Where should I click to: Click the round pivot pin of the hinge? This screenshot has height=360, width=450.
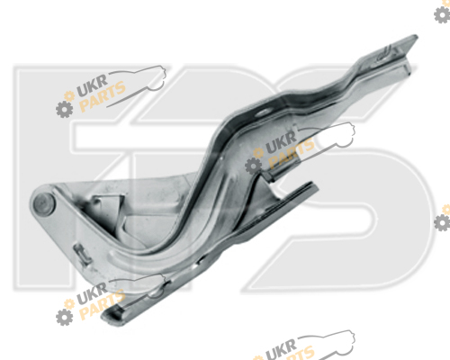pyautogui.click(x=44, y=202)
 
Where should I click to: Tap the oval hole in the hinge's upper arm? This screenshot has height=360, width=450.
pyautogui.click(x=262, y=112)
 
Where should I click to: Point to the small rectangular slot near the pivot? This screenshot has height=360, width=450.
pyautogui.click(x=82, y=254)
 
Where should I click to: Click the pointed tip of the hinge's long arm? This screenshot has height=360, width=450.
pyautogui.click(x=416, y=37)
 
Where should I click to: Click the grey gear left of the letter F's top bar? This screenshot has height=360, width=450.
pyautogui.click(x=64, y=109)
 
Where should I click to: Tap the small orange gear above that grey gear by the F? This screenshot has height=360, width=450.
pyautogui.click(x=69, y=96)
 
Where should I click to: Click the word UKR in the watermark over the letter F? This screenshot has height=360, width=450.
pyautogui.click(x=92, y=85)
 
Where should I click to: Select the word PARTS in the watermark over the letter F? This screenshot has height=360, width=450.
pyautogui.click(x=103, y=96)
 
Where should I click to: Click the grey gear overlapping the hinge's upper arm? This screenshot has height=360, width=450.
pyautogui.click(x=253, y=166)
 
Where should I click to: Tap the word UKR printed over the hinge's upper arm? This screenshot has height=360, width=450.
pyautogui.click(x=281, y=142)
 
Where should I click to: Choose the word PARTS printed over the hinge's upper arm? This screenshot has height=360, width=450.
pyautogui.click(x=292, y=153)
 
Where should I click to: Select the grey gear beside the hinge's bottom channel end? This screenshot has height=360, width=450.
pyautogui.click(x=64, y=318)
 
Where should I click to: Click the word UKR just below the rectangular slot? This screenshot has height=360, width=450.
pyautogui.click(x=92, y=293)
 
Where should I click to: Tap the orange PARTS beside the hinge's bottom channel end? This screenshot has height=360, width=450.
pyautogui.click(x=103, y=304)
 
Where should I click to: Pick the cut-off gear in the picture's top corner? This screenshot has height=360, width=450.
pyautogui.click(x=442, y=14)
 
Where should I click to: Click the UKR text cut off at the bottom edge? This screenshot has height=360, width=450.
pyautogui.click(x=281, y=350)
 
